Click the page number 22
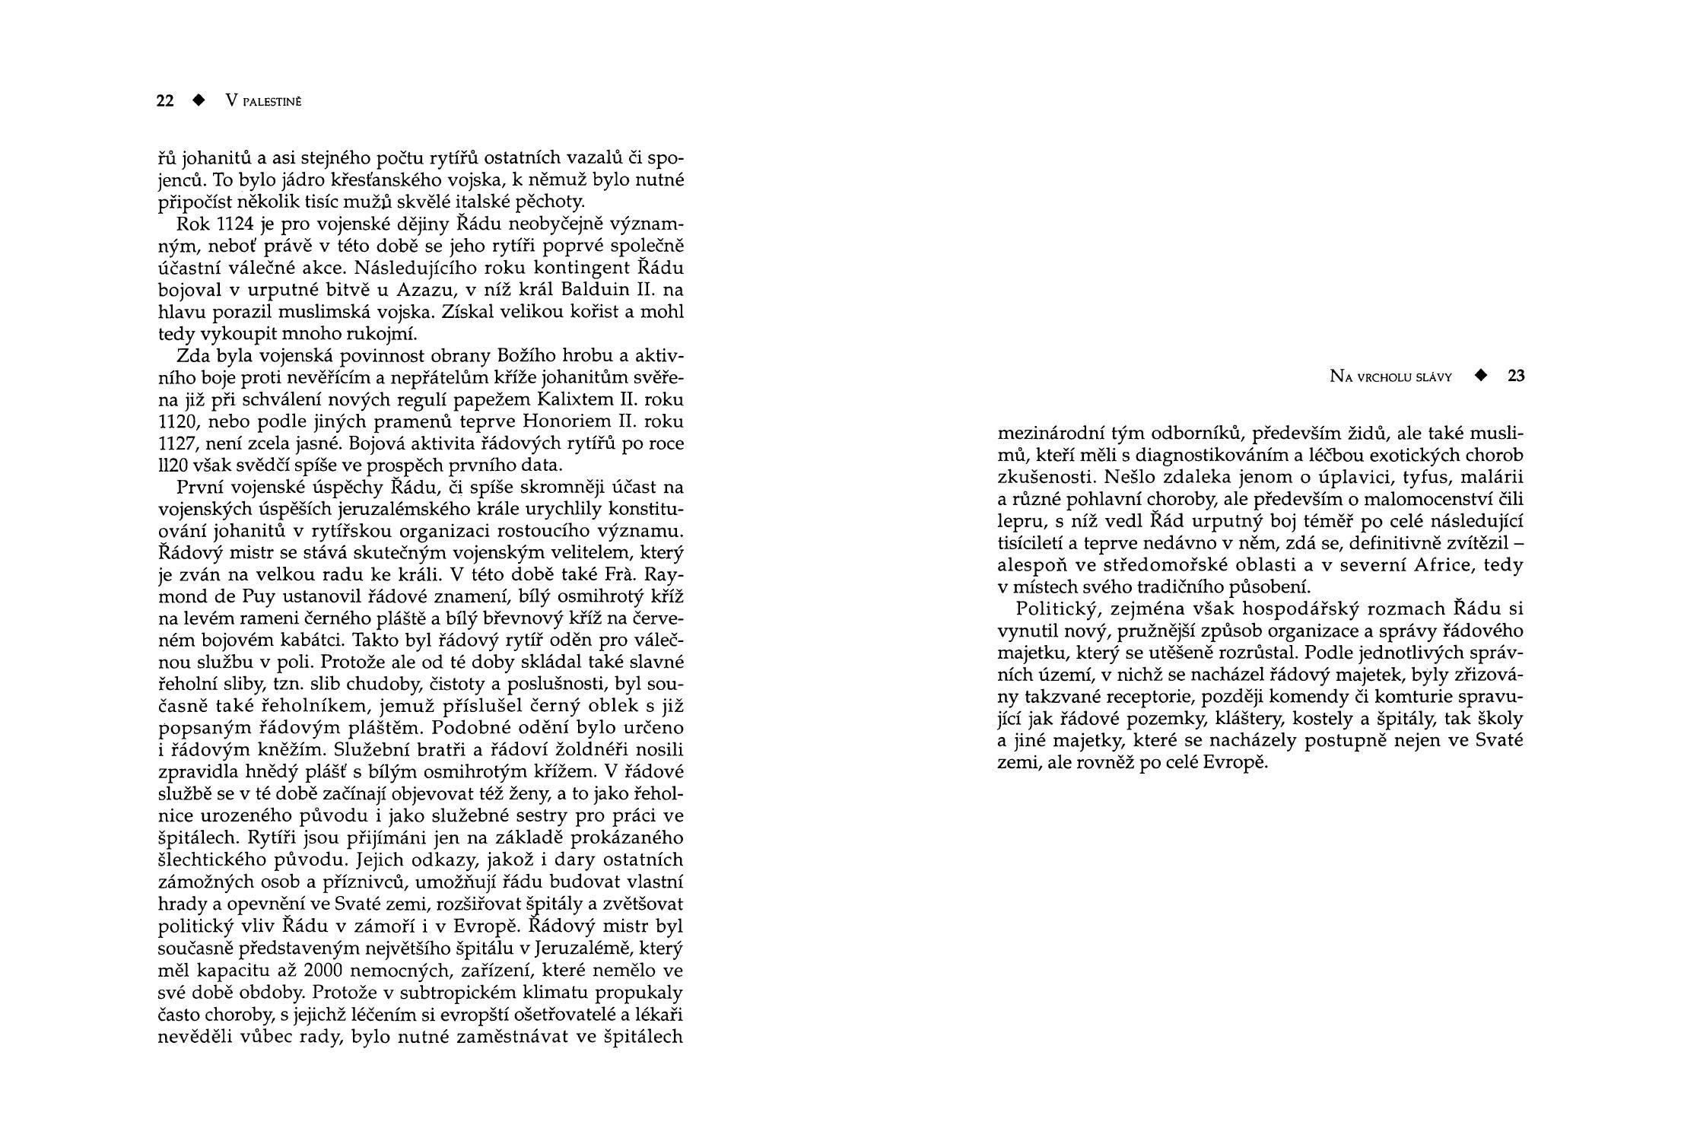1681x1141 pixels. pyautogui.click(x=165, y=101)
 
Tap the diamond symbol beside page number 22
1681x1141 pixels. pyautogui.click(x=199, y=100)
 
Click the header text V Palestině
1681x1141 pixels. pyautogui.click(x=264, y=101)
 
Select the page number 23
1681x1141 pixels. pyautogui.click(x=1516, y=376)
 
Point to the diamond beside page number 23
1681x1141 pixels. pyautogui.click(x=1480, y=375)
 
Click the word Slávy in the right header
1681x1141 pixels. pyautogui.click(x=1434, y=377)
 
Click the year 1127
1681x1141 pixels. pyautogui.click(x=174, y=444)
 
